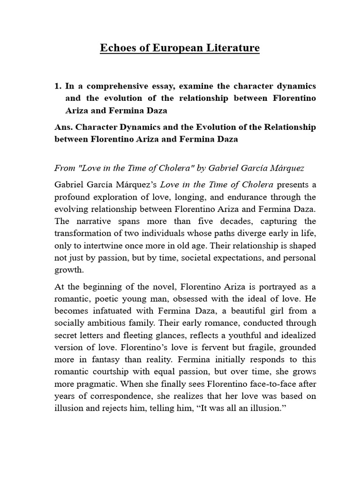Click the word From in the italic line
tap(65, 168)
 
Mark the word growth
tap(69, 270)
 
